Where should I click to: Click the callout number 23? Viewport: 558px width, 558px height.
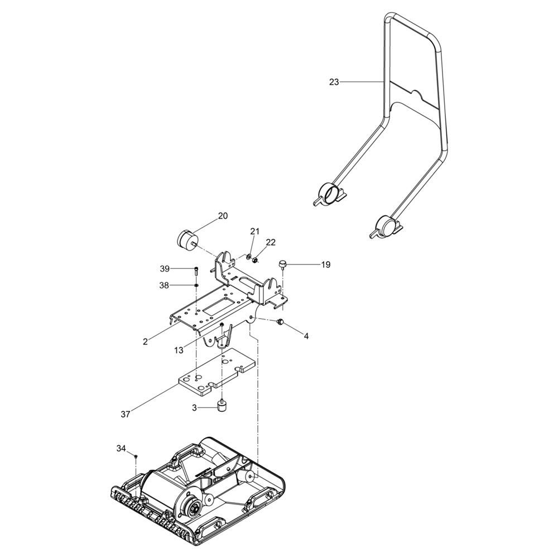tap(334, 82)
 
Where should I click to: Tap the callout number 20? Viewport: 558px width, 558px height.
tap(223, 216)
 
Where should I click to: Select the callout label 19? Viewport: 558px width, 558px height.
tap(326, 264)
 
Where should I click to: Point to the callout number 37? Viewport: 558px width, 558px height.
tap(125, 414)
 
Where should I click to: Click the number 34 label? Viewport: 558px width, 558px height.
tap(121, 449)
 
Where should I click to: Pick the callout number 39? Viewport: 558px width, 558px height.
tap(165, 269)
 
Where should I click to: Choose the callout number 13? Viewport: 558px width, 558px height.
tap(179, 350)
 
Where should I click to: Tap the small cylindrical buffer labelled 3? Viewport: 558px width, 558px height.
tap(223, 406)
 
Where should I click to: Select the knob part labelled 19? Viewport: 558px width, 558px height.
tap(283, 264)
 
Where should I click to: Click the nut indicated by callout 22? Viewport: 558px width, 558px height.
tap(255, 261)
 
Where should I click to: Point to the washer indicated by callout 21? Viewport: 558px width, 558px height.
tap(248, 256)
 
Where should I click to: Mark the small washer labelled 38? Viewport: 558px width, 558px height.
tap(196, 285)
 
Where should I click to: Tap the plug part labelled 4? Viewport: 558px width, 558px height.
tap(280, 322)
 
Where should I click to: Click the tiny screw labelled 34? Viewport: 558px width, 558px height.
tap(136, 456)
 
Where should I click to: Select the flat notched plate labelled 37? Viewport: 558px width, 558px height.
tap(217, 372)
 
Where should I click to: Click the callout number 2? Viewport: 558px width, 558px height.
tap(145, 341)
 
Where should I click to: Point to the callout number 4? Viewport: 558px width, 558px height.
tap(306, 335)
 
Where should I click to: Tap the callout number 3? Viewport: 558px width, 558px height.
tap(194, 408)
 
